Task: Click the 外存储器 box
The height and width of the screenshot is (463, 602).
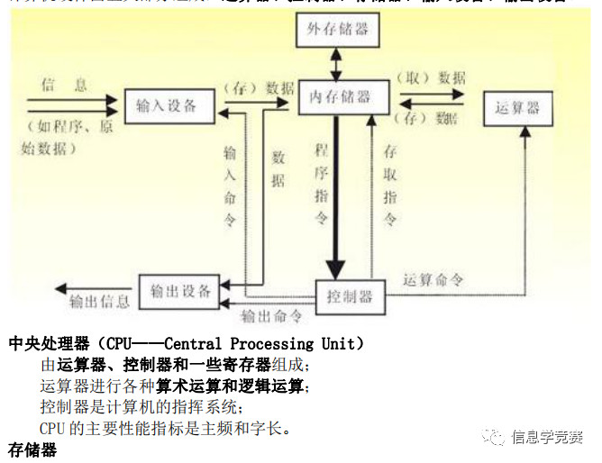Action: (336, 31)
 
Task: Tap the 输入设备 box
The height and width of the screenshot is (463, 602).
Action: (168, 106)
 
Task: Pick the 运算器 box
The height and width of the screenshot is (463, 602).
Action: (517, 108)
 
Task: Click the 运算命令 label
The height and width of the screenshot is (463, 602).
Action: (433, 279)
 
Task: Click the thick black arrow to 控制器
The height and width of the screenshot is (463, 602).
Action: (335, 198)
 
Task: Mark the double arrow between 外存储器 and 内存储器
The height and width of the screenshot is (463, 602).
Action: (336, 62)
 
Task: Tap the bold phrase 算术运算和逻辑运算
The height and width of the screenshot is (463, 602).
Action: (232, 386)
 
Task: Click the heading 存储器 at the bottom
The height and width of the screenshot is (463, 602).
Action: (32, 449)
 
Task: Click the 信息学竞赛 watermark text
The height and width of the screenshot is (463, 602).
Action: (546, 438)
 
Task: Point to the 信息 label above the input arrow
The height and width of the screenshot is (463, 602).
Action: (65, 85)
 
